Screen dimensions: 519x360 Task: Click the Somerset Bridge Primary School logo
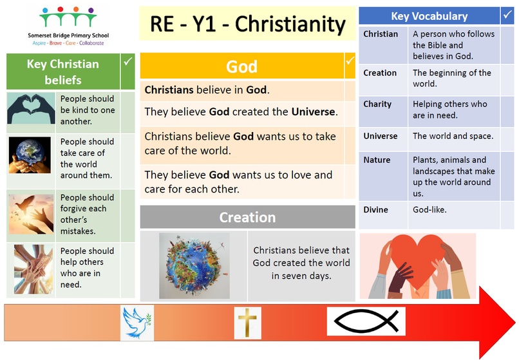(x=68, y=26)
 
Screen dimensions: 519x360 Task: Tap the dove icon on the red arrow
(x=137, y=323)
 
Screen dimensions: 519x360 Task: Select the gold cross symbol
(x=247, y=322)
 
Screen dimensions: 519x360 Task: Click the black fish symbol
(x=366, y=321)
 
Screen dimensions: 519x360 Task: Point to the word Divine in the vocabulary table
(x=375, y=210)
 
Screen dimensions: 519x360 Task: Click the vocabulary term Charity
(x=377, y=104)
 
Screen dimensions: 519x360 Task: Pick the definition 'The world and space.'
(x=453, y=136)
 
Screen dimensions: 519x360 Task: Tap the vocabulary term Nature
(x=377, y=160)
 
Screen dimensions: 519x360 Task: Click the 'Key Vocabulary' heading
(x=429, y=16)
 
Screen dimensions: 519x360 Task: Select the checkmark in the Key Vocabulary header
(x=507, y=15)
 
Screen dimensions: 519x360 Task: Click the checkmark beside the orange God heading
(x=350, y=61)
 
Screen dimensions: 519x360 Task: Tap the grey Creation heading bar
(x=247, y=217)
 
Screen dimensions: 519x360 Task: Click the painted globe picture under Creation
(x=194, y=265)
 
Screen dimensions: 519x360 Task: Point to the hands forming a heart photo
(x=31, y=108)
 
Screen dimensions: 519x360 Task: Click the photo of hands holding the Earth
(x=30, y=155)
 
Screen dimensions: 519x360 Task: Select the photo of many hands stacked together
(x=33, y=269)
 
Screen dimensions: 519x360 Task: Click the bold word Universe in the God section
(x=313, y=112)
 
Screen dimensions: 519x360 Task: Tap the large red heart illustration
(x=418, y=260)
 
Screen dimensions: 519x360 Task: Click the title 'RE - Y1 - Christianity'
(x=247, y=24)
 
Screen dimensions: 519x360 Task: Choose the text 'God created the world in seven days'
(x=301, y=269)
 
